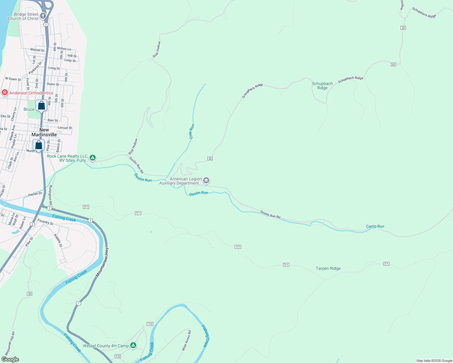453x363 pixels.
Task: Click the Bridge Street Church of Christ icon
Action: (43, 16)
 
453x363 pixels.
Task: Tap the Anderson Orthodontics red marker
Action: (5, 93)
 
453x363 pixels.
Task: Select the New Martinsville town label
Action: (44, 132)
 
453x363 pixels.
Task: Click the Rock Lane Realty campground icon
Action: (93, 158)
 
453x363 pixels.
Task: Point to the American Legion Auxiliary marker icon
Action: (206, 181)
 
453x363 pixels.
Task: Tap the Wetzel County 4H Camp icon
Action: (133, 345)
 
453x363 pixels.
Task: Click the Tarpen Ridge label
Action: (328, 268)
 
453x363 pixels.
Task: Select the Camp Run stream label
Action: (375, 226)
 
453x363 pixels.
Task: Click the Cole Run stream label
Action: (191, 132)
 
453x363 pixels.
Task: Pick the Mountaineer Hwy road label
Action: (102, 262)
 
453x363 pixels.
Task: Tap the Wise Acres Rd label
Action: (186, 341)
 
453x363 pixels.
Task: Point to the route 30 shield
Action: (29, 294)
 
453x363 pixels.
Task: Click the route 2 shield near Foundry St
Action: (32, 224)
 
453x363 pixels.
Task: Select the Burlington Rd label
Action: (51, 195)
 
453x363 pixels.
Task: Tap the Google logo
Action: (10, 359)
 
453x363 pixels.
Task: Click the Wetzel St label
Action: (37, 50)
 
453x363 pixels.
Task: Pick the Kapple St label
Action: (58, 240)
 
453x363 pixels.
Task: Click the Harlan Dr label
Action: (35, 194)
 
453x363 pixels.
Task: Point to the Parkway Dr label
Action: (35, 68)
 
